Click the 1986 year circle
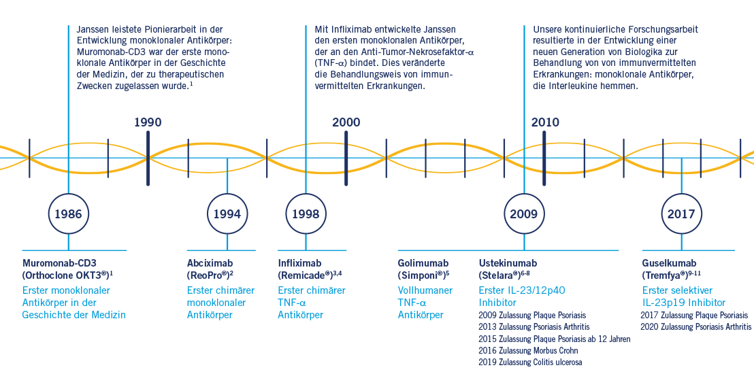68,214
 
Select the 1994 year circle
227,214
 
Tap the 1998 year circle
306,214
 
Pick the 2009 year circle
523,214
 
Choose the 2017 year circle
681,214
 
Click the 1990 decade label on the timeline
148,122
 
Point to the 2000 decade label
346,122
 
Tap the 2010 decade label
544,122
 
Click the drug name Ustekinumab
508,263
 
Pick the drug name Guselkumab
669,263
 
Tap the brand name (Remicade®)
306,275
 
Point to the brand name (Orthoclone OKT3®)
65,275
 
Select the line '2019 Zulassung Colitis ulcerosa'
530,362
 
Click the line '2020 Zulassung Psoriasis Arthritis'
695,327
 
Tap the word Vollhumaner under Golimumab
425,290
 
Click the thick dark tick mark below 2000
346,158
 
